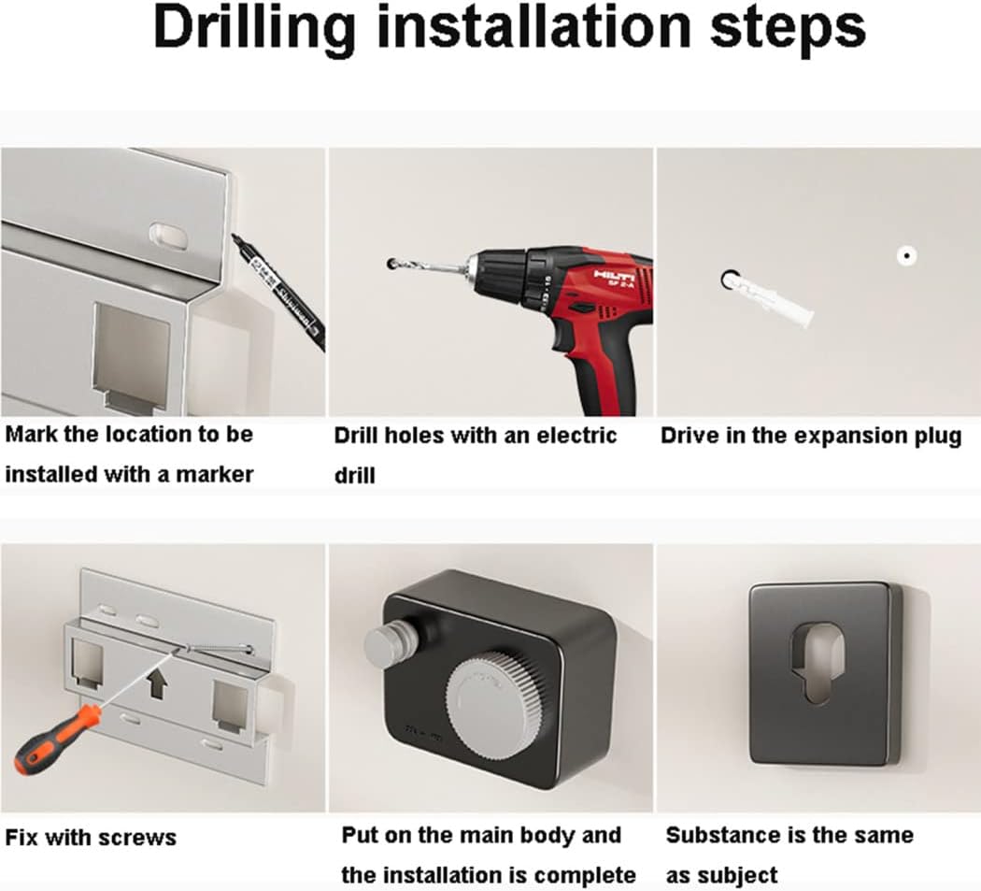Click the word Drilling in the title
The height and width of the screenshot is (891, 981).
(x=254, y=28)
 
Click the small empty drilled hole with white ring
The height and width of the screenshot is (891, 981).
(x=906, y=255)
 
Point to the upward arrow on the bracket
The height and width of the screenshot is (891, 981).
(x=158, y=683)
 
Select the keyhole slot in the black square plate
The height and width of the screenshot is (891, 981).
(x=821, y=670)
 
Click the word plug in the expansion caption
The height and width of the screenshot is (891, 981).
(x=936, y=437)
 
